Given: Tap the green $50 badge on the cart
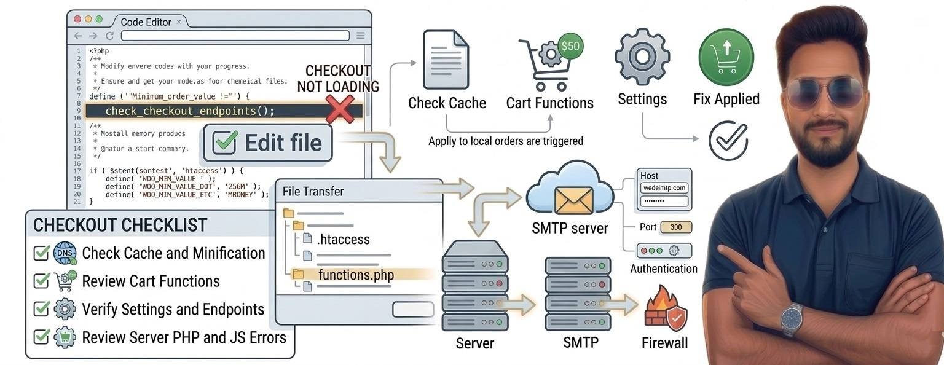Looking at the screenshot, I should pos(570,46).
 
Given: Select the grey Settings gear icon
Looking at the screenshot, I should pos(642,57).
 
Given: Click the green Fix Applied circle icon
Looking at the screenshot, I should pos(726,57).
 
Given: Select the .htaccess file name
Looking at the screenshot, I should pos(343,239).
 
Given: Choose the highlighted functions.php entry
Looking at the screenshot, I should pos(356,274).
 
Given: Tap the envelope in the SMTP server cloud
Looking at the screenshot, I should pos(573,200).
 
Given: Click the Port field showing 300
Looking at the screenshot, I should pos(675,227).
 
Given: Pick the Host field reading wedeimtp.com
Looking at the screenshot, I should pos(664,188).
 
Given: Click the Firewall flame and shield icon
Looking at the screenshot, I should pos(666,310).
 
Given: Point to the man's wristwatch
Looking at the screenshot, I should pos(792,318).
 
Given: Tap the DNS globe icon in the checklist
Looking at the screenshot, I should pos(65,253).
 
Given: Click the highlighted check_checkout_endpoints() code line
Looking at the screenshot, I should pos(189,111).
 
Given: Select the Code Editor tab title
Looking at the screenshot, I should pos(146,22).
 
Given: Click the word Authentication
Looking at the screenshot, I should pos(664,269).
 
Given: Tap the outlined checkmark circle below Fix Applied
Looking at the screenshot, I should pos(728,141).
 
